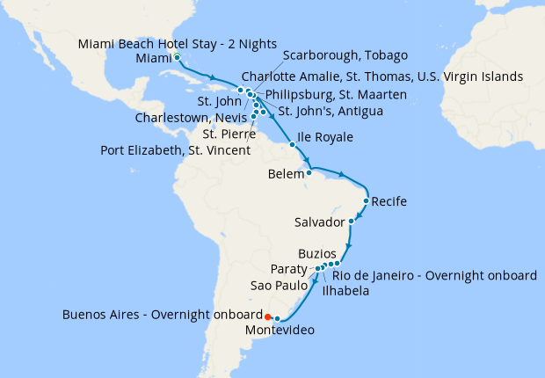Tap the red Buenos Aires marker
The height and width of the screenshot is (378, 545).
pos(268,316)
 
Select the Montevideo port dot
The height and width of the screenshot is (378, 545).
pos(278,319)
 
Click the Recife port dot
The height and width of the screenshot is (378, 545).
pos(366,201)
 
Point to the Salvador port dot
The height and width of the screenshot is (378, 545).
pos(352,221)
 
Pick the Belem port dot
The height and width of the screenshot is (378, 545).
pos(309,172)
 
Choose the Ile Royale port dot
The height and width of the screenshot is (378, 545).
pos(292,143)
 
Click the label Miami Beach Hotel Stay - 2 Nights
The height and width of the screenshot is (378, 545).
pos(178,44)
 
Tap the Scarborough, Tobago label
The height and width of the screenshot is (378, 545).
pos(345,55)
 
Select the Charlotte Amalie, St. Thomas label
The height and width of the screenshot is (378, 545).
pos(381,76)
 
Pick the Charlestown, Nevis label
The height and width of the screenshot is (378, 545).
pos(191,117)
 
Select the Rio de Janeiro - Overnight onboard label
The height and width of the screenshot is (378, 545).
pos(434,275)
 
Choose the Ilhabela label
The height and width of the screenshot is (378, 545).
pos(345,291)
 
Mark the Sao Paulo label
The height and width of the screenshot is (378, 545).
pos(279,286)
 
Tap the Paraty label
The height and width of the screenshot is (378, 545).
pos(289,269)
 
